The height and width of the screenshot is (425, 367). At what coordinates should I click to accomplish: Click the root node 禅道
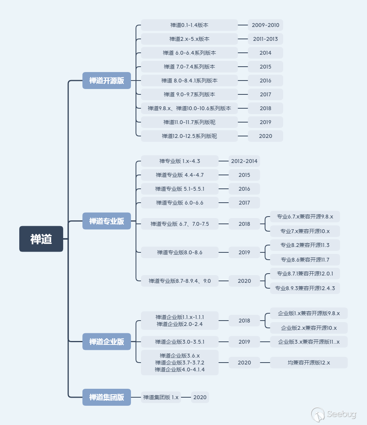[41, 239]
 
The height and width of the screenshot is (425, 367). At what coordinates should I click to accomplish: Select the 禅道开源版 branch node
[107, 81]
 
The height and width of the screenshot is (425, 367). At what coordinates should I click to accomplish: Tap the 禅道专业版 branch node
[107, 221]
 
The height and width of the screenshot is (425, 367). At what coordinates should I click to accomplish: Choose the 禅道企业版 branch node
[107, 341]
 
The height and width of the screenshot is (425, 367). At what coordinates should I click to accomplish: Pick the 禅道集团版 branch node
[107, 397]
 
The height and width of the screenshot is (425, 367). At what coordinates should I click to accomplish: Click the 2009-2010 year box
[265, 25]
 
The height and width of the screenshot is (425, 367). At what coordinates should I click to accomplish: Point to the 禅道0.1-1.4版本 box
[189, 25]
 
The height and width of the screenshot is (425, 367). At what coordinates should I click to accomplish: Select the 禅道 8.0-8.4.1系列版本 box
[189, 81]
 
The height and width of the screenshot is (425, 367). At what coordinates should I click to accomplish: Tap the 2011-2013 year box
[265, 39]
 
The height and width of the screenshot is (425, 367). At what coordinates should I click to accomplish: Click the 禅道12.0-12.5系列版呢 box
[189, 136]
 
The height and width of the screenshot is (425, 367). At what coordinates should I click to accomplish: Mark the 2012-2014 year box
[244, 161]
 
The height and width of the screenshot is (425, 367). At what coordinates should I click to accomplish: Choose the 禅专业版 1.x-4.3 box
[179, 161]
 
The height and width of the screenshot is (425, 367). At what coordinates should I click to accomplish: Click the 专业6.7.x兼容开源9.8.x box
[305, 217]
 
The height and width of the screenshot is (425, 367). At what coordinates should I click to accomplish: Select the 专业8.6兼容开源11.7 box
[305, 260]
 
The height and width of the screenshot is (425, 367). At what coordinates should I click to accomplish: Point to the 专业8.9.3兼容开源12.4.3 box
[305, 288]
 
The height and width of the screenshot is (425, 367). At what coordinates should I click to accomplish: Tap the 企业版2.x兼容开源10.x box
[308, 328]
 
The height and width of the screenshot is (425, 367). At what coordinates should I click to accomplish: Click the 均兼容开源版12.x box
[308, 363]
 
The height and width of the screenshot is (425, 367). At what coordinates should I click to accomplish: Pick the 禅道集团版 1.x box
[161, 397]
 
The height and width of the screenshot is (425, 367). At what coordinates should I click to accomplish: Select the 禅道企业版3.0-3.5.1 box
[179, 342]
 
